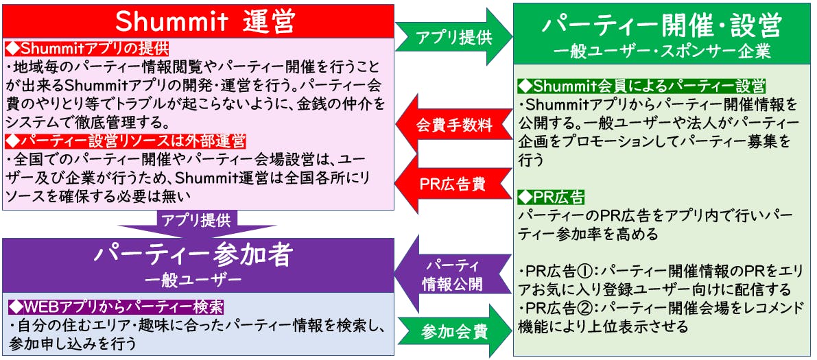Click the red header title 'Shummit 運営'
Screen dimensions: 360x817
pos(198,21)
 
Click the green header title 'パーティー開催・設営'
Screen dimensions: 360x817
pos(661,27)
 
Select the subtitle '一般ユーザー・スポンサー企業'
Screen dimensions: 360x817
pos(661,51)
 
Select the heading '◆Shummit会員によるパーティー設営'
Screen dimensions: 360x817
pos(642,86)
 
